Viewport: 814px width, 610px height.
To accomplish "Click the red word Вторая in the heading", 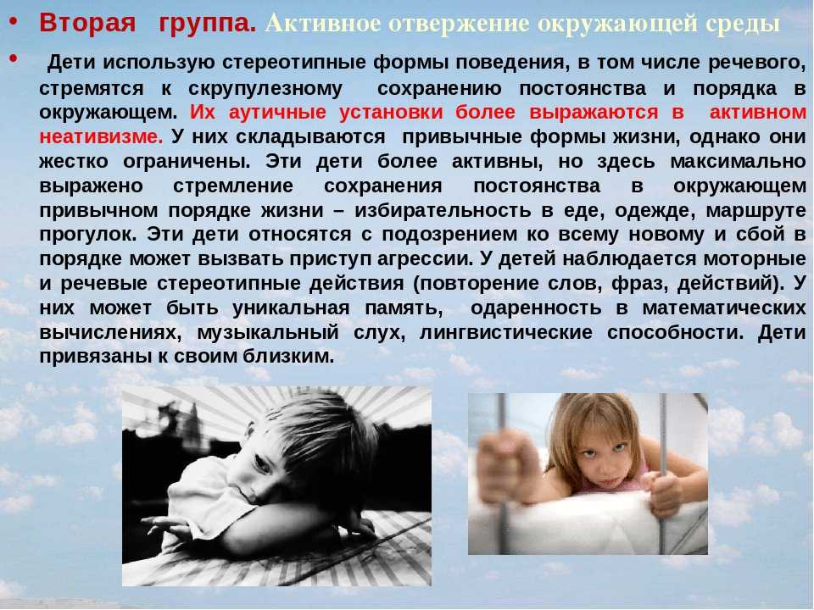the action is coord(87,24).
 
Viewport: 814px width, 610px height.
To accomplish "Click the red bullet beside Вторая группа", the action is coord(14,22).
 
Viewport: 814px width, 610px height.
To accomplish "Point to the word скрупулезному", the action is coord(265,89).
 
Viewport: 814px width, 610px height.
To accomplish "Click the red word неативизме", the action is coord(101,137).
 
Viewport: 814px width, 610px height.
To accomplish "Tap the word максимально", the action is coord(737,161).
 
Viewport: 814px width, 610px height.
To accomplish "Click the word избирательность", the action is coord(443,211).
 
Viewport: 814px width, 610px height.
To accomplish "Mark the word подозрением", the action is coord(449,236).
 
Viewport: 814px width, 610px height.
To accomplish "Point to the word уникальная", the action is coord(291,308).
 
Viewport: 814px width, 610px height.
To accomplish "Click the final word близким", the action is coord(293,357).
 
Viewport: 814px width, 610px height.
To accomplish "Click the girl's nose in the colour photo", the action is coord(605,468).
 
